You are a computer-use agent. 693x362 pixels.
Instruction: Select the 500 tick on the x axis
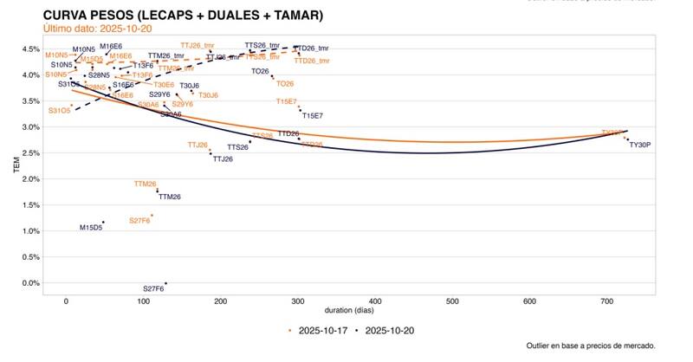pos(451,301)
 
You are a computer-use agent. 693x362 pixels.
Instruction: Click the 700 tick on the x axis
pos(606,301)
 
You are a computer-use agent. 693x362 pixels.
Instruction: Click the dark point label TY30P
pos(639,145)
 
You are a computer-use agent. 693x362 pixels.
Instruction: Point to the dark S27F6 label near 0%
pos(153,288)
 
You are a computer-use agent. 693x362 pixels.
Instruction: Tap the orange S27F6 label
pos(139,221)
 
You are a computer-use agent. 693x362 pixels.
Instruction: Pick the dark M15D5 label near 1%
pos(91,228)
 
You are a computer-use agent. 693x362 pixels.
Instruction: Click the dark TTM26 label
pos(170,197)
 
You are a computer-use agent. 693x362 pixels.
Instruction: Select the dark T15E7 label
pos(312,115)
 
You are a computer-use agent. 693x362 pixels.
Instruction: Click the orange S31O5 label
pos(60,111)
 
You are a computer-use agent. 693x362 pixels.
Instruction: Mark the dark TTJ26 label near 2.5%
pos(223,159)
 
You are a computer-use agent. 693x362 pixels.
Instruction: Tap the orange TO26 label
pos(284,84)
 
